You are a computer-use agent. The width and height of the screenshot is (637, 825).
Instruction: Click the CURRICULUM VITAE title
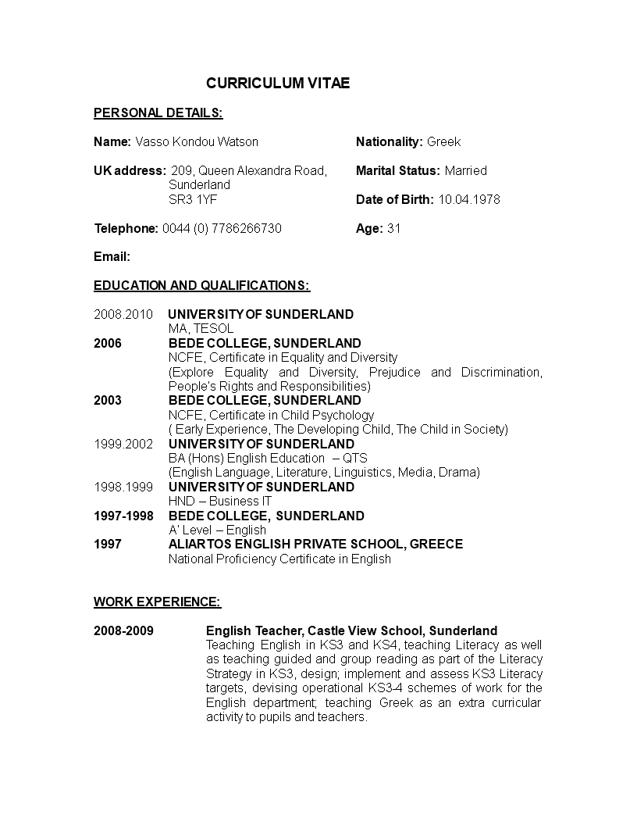(278, 83)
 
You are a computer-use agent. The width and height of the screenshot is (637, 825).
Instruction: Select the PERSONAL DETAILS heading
(158, 112)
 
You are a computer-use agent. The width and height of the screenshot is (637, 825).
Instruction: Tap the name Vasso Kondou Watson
(197, 141)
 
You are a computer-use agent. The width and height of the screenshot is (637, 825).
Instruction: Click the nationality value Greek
(443, 141)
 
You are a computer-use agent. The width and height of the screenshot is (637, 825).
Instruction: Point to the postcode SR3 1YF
(193, 199)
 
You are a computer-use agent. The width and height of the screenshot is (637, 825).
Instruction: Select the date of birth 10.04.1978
(468, 199)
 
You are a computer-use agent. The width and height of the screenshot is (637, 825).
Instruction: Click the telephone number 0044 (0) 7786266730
(222, 228)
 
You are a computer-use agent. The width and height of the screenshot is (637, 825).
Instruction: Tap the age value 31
(393, 228)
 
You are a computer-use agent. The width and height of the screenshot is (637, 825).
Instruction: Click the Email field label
(112, 257)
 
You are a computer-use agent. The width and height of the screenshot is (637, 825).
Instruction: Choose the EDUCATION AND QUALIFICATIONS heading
(201, 285)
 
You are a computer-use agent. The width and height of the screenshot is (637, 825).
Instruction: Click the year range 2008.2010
(123, 314)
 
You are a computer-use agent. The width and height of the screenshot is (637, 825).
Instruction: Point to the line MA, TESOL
(201, 329)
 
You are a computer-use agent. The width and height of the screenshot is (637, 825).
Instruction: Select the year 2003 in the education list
(108, 400)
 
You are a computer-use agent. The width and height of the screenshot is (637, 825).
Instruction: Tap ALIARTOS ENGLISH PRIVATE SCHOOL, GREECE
(315, 544)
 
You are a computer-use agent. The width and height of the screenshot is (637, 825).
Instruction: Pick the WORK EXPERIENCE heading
(157, 602)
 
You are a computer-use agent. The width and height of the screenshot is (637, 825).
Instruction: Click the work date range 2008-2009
(123, 630)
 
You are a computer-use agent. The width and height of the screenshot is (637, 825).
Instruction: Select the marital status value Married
(465, 170)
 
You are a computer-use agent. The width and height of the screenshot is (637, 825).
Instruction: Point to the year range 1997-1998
(123, 516)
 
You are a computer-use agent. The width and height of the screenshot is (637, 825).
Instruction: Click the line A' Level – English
(217, 530)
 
